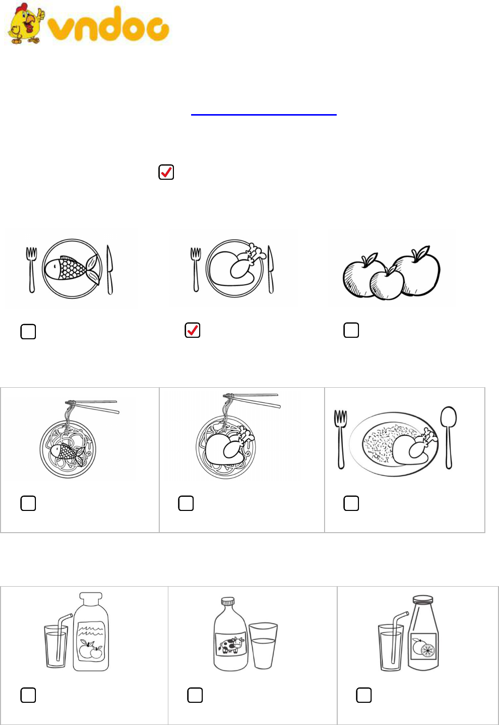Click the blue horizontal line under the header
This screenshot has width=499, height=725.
[x=264, y=115]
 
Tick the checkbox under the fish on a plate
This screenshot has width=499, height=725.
[x=28, y=332]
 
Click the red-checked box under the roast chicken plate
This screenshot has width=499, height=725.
[x=193, y=330]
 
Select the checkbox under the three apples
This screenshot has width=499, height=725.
[x=351, y=330]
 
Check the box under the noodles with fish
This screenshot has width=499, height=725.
[x=28, y=503]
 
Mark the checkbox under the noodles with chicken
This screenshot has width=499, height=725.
[x=186, y=503]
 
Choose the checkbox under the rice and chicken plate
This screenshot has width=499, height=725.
[x=351, y=503]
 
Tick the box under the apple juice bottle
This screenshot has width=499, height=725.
[x=28, y=695]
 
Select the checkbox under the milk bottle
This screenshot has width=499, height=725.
[x=195, y=695]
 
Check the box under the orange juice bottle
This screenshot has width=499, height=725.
[x=364, y=695]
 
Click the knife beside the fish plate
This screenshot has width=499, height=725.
[x=110, y=270]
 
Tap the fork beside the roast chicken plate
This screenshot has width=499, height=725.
[x=196, y=270]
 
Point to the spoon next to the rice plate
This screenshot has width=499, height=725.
[x=449, y=437]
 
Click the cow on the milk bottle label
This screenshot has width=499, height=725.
[x=231, y=644]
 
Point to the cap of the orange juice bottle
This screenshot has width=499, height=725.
[x=423, y=599]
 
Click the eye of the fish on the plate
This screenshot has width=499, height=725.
[x=55, y=267]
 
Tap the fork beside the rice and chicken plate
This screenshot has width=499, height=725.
[x=341, y=439]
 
